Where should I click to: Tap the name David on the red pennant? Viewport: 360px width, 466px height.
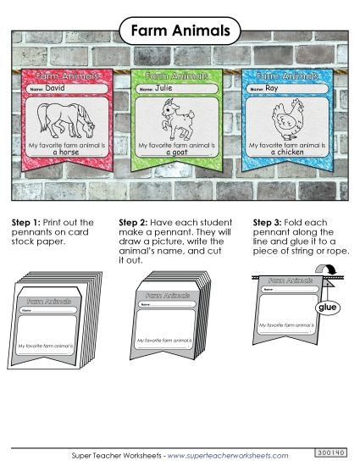[x=55, y=87]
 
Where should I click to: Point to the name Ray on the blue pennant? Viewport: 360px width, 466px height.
[x=271, y=87]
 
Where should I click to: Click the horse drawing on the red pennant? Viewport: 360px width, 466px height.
[x=66, y=119]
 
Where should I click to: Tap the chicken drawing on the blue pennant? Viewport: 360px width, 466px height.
[x=285, y=119]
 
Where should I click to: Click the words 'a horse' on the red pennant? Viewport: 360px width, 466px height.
[x=66, y=153]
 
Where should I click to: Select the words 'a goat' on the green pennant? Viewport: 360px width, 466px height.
[x=177, y=153]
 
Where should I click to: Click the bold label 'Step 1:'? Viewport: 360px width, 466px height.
[x=25, y=223]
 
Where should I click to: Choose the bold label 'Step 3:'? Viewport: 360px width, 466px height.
[x=269, y=223]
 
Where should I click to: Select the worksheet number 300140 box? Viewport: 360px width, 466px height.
[x=331, y=454]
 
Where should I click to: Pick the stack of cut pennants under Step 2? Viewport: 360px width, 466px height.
[x=169, y=318]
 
